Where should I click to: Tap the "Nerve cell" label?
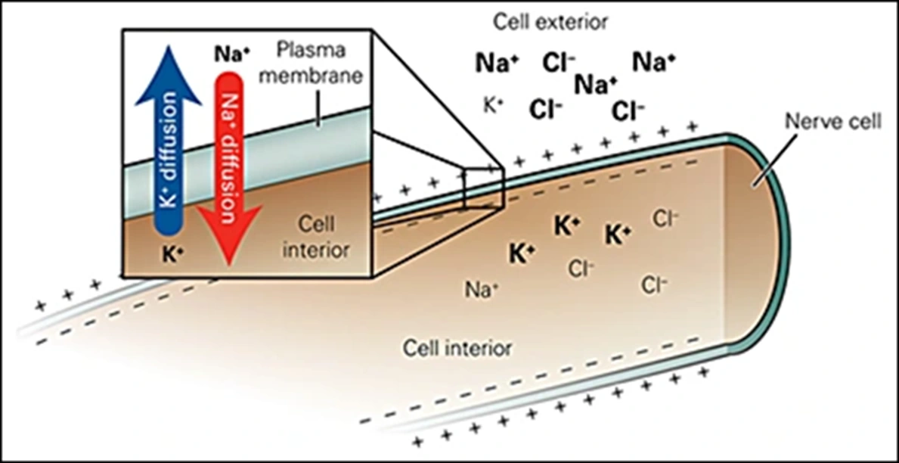point(832,122)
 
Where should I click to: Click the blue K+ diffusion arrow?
point(168,151)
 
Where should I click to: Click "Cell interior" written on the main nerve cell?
point(457,349)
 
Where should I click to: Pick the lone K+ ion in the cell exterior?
point(494,106)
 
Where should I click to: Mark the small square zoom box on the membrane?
point(483,188)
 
